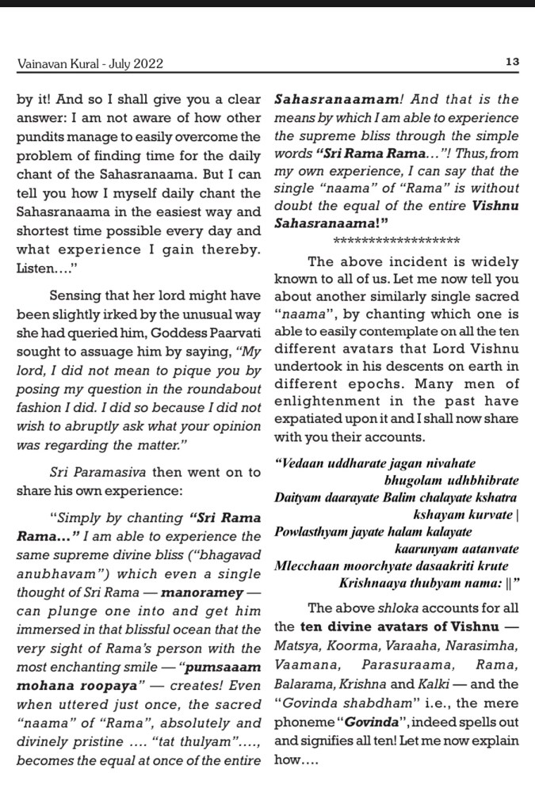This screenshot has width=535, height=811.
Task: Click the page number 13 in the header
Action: (511, 62)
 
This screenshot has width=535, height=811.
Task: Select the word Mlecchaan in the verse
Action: (304, 567)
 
